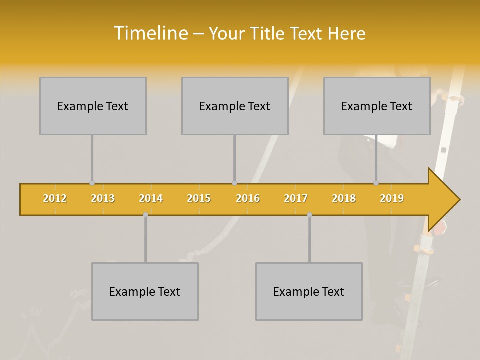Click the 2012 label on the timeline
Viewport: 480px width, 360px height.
(55, 198)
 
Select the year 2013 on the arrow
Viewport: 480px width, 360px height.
(103, 198)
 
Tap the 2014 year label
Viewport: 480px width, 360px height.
(151, 198)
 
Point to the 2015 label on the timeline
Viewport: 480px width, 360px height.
(199, 198)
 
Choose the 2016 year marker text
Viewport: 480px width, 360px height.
(248, 198)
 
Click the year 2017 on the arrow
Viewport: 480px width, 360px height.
(296, 198)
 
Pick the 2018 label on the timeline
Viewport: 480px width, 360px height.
(344, 198)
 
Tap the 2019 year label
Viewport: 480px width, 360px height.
(392, 198)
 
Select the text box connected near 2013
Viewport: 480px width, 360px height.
(93, 106)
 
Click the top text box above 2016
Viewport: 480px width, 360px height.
(235, 106)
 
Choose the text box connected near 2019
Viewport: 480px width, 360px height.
(377, 106)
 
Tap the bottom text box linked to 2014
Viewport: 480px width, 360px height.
(145, 291)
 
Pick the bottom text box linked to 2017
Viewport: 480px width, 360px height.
(309, 291)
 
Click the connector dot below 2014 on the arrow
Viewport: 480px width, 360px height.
(145, 215)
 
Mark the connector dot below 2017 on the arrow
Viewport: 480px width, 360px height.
(309, 215)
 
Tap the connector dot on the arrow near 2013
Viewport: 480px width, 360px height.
(92, 183)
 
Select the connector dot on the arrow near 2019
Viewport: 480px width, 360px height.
(376, 183)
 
